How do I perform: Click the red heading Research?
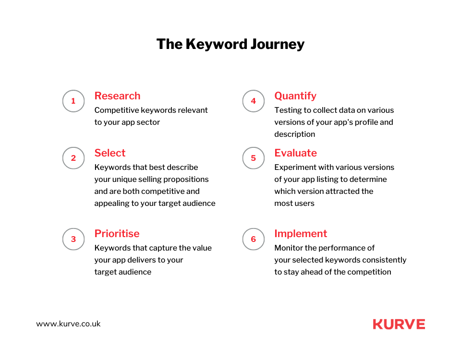117,96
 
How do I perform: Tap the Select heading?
109,153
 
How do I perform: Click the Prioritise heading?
117,234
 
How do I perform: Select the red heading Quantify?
295,96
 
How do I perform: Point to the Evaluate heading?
295,153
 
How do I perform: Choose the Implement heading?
301,234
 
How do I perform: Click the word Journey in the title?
278,44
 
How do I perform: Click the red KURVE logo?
399,324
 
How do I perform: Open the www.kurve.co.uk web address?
68,324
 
